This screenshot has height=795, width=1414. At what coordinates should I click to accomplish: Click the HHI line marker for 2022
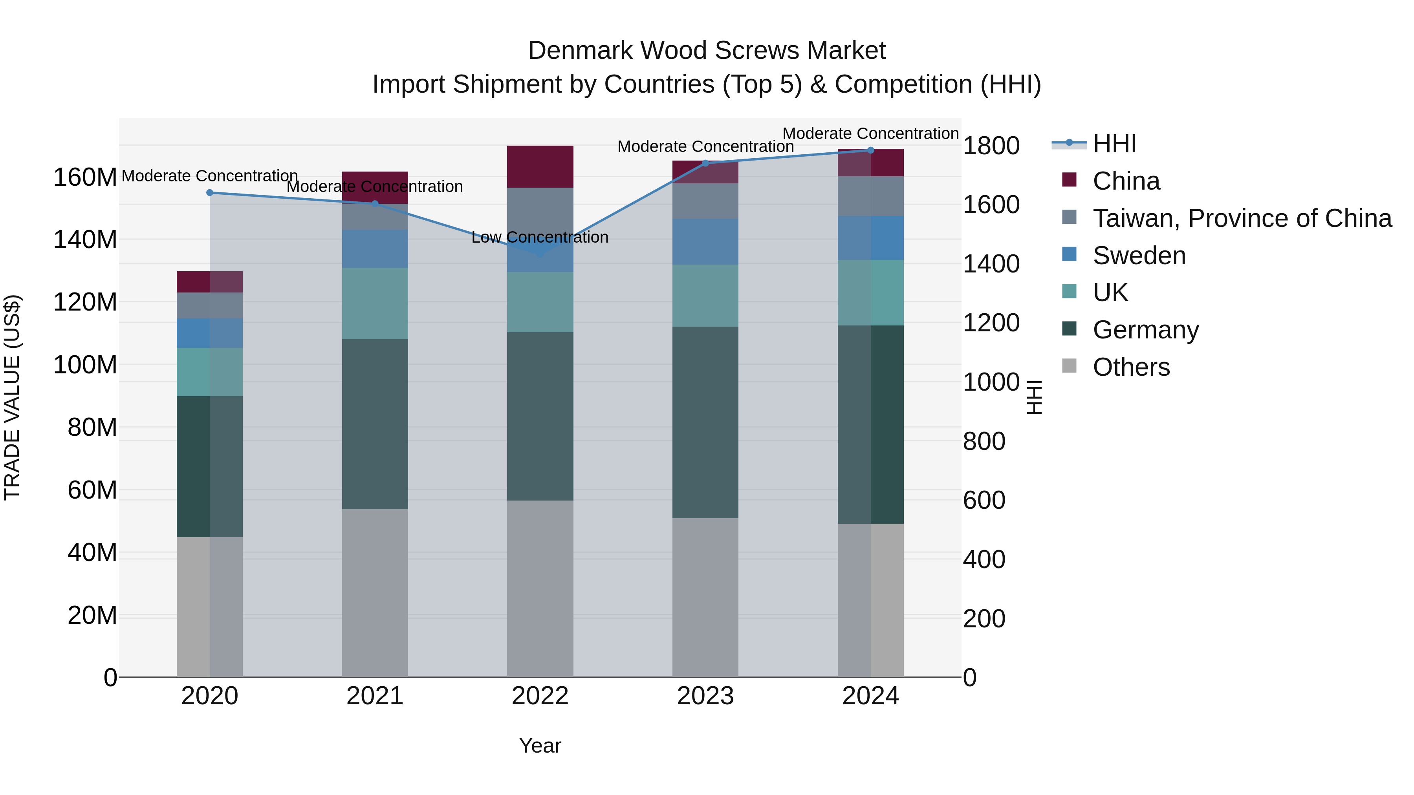[x=540, y=254]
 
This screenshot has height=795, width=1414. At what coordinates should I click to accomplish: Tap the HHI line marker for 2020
[x=210, y=193]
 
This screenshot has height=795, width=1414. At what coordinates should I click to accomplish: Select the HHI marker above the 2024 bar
[x=870, y=150]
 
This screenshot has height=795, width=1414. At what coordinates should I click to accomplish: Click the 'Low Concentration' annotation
[x=540, y=238]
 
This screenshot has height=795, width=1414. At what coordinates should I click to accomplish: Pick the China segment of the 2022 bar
[x=540, y=167]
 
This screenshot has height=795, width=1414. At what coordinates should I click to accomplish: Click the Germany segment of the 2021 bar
[x=375, y=424]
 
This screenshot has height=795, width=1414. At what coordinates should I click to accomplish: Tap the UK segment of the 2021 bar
[x=375, y=303]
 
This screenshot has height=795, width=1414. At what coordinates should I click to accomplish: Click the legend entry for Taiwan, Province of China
[x=1242, y=218]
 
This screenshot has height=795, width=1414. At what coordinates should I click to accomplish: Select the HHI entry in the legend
[x=1114, y=144]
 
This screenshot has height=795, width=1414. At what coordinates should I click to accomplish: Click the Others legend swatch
[x=1069, y=366]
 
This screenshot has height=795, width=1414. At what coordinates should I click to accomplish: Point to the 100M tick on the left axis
[x=85, y=365]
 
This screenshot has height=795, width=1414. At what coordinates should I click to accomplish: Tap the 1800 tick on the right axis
[x=991, y=146]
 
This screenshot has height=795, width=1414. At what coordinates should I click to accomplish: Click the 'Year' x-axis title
[x=540, y=746]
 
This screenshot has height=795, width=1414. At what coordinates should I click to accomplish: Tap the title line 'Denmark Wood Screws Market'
[x=707, y=51]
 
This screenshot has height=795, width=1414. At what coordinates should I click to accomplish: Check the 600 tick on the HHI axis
[x=984, y=501]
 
